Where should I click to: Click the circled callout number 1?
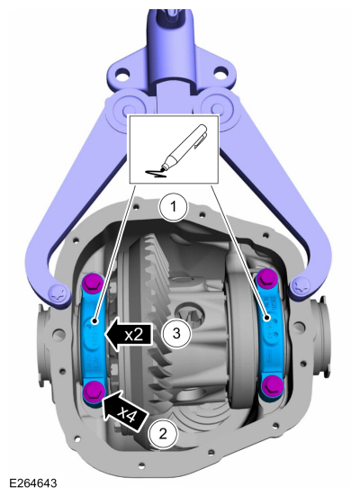pyautogui.click(x=172, y=208)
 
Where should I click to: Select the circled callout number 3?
pyautogui.click(x=178, y=334)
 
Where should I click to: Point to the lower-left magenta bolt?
pyautogui.click(x=91, y=390)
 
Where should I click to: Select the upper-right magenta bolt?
pyautogui.click(x=266, y=277)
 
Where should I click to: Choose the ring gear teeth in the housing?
pyautogui.click(x=148, y=297)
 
